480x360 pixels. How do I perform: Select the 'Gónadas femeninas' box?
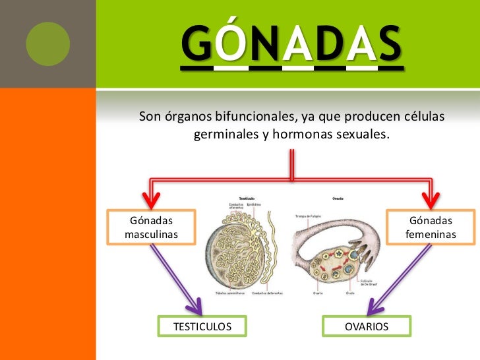point(431,227)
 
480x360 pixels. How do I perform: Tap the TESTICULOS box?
point(202,326)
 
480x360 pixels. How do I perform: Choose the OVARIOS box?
point(367,326)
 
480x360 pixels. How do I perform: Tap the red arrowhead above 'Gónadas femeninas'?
point(432,195)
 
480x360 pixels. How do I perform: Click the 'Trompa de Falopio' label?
point(305,216)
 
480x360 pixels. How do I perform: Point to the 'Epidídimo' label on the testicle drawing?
point(254,205)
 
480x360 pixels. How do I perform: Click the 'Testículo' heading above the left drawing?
point(247,198)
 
